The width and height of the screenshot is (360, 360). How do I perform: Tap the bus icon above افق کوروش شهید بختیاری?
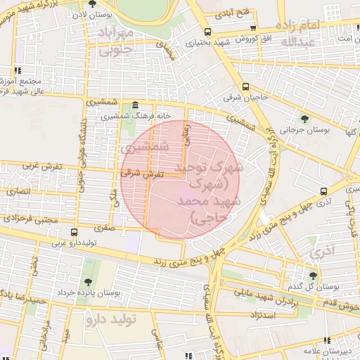(x=207, y=31)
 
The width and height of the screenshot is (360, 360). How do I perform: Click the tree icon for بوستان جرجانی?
(x=304, y=118)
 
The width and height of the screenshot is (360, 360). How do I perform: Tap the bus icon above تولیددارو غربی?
(x=74, y=232)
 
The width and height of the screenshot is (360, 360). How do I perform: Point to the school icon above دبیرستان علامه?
(x=309, y=347)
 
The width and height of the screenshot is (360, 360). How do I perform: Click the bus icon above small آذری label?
(x=323, y=191)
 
